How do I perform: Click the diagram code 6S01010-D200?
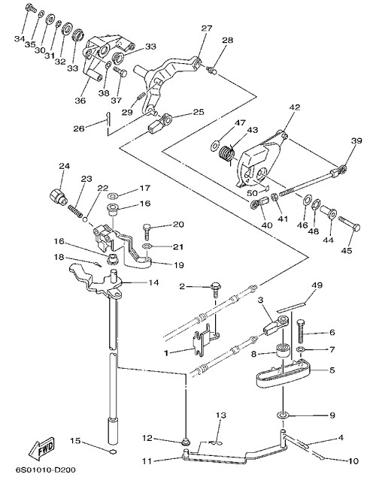(x=46, y=469)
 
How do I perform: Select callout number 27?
(x=207, y=29)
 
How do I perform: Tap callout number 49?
(x=317, y=285)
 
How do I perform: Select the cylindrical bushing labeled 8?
(x=283, y=351)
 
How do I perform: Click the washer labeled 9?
(x=282, y=415)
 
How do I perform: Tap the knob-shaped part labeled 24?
(x=58, y=196)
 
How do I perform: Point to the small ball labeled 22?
(x=86, y=219)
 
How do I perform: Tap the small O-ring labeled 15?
(x=113, y=451)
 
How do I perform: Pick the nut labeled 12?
(x=185, y=442)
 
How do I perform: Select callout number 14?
(x=154, y=282)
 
